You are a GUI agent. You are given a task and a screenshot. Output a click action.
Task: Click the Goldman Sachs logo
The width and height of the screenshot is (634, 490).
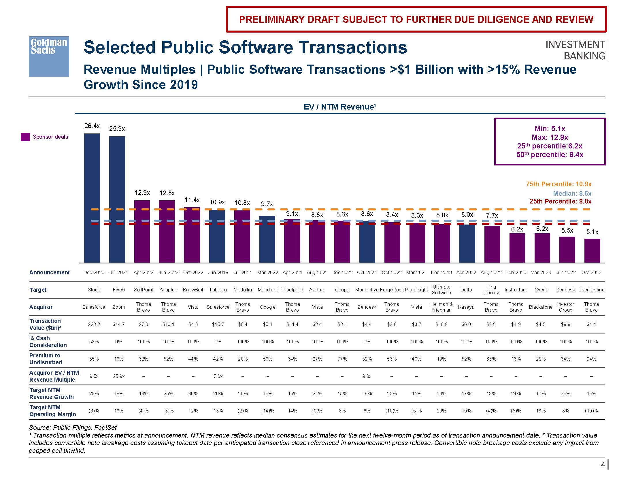49,56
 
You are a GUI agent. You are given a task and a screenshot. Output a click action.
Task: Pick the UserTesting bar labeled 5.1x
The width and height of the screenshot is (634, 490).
592,250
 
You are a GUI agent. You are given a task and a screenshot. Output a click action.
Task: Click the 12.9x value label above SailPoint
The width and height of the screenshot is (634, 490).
142,193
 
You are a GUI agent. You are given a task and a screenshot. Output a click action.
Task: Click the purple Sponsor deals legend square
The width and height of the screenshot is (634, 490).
25,137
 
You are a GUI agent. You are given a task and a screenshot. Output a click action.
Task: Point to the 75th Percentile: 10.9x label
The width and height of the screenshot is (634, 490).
558,184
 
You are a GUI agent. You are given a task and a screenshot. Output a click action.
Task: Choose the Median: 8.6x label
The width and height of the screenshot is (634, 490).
572,193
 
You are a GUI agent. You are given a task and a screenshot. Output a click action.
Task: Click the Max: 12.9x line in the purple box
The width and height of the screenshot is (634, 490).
550,137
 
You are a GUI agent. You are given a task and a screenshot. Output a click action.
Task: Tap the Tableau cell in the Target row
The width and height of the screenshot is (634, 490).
218,290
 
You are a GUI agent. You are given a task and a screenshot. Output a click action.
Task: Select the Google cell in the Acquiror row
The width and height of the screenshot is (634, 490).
267,307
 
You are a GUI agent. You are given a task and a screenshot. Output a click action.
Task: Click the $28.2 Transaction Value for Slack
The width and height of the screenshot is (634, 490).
94,324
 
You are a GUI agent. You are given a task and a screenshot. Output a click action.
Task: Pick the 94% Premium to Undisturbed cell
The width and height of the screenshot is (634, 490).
591,359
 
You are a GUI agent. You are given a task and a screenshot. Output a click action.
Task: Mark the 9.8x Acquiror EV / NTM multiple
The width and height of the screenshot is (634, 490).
367,376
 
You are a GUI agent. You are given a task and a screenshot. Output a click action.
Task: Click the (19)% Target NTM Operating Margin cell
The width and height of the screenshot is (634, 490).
591,411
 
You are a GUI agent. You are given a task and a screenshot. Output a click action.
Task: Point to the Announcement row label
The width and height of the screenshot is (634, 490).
49,273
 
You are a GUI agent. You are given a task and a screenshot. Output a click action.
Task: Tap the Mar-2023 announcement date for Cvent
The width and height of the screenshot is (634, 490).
541,273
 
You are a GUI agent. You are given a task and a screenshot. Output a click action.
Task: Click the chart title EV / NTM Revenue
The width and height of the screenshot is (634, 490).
340,107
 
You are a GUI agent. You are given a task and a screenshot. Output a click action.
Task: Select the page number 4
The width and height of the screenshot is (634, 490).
603,465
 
